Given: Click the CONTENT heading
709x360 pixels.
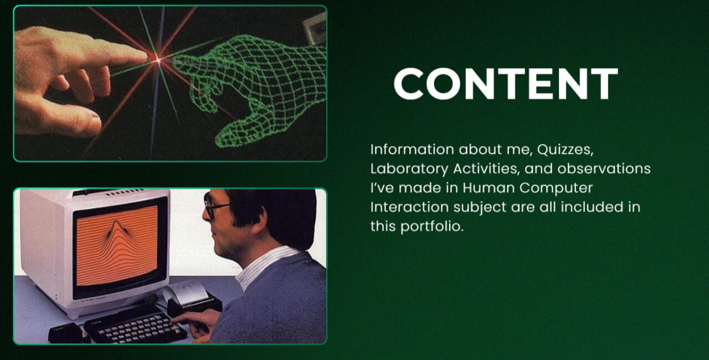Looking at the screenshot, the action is [506, 84].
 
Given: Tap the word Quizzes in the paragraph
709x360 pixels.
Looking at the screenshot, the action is [565, 150].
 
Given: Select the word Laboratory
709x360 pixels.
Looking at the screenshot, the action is [409, 168].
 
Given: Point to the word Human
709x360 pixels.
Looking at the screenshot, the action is [489, 188].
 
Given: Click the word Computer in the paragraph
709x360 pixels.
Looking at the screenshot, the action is [556, 188].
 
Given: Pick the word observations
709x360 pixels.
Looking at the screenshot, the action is [604, 168].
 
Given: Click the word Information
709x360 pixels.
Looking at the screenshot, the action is [412, 150].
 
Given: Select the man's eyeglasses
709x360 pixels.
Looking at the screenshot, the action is [215, 205].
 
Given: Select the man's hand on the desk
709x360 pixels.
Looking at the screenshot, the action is [196, 323].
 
